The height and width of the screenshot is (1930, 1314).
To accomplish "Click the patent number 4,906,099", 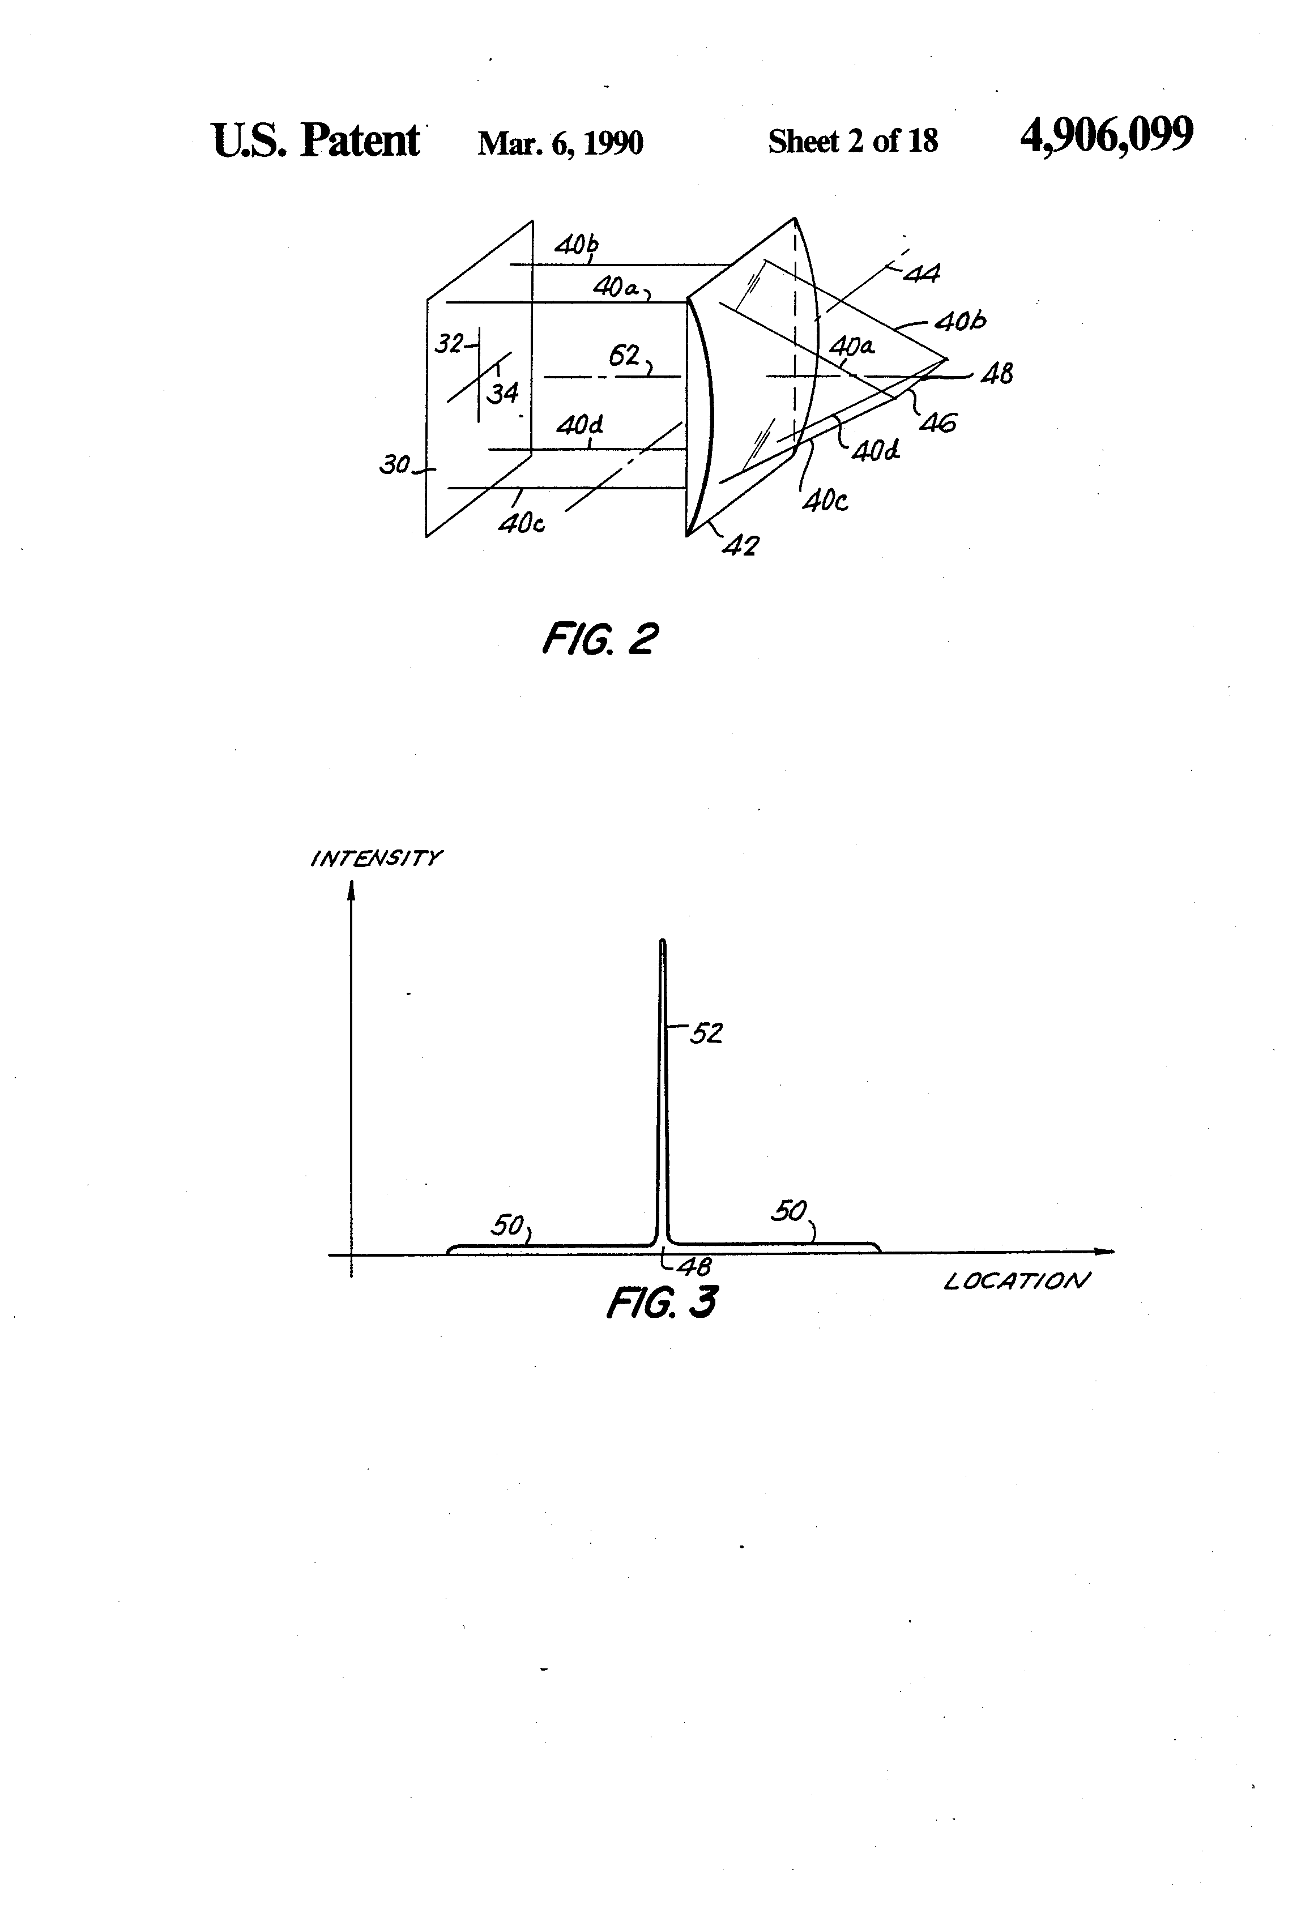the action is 1106,135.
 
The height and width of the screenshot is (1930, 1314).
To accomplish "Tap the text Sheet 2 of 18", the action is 852,141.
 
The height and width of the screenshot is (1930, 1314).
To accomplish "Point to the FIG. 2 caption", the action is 600,639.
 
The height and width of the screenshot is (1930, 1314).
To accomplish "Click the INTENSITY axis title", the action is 376,858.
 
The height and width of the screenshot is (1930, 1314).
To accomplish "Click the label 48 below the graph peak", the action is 694,1266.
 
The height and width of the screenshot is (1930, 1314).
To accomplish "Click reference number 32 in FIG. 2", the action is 449,343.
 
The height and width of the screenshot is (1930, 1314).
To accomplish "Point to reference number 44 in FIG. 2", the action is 920,272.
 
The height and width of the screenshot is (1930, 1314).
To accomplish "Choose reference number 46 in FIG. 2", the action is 938,424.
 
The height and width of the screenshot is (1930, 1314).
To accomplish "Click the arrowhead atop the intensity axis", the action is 351,890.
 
